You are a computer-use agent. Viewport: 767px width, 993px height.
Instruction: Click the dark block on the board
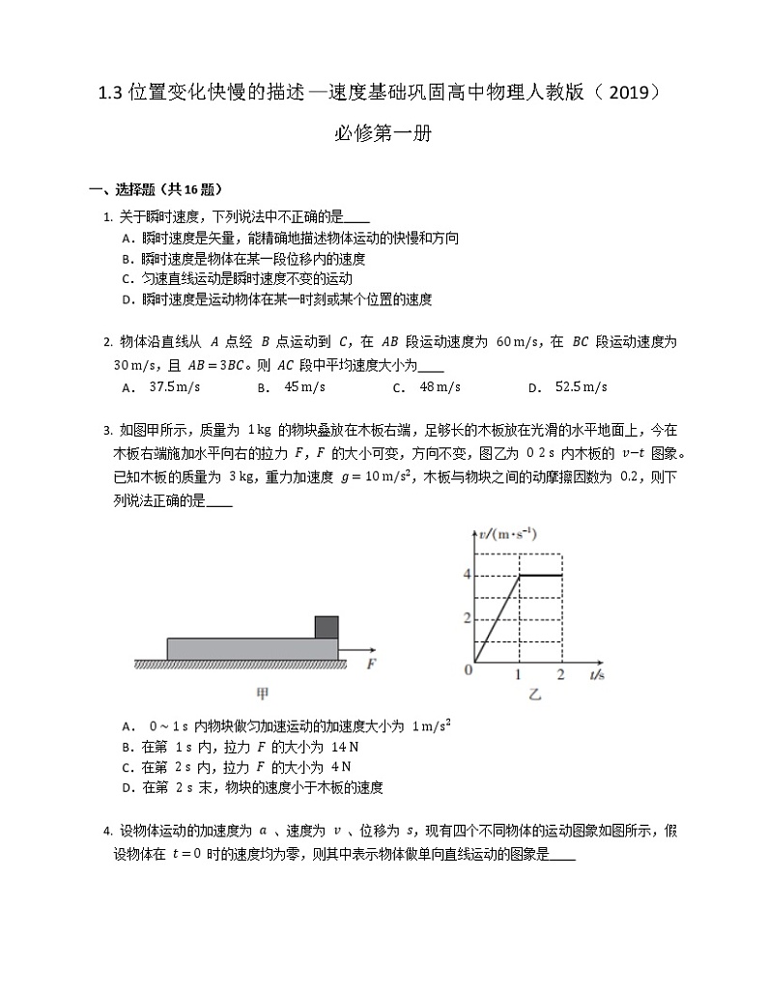(326, 626)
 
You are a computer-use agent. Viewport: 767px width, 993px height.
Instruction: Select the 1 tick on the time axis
(519, 673)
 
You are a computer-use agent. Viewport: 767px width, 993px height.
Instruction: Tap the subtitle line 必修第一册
(383, 135)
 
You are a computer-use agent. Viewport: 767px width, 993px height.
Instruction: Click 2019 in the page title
(624, 93)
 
